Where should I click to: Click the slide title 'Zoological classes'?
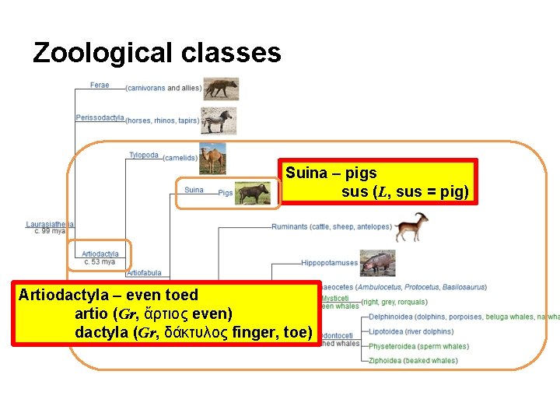point(156,53)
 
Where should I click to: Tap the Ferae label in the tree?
point(100,85)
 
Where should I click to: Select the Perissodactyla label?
point(100,118)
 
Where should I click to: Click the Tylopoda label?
point(143,156)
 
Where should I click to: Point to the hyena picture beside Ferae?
point(221,88)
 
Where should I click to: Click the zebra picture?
point(219,121)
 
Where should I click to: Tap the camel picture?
point(213,158)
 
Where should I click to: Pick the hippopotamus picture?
point(377,262)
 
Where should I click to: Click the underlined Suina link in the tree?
point(194,190)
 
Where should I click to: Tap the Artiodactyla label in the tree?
point(100,254)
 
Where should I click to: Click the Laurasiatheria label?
point(50,224)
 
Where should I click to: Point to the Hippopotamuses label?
point(330,263)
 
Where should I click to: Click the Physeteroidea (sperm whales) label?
point(418,346)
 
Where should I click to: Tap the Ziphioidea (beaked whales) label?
point(413,360)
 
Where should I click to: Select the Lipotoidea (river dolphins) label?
point(411,331)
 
